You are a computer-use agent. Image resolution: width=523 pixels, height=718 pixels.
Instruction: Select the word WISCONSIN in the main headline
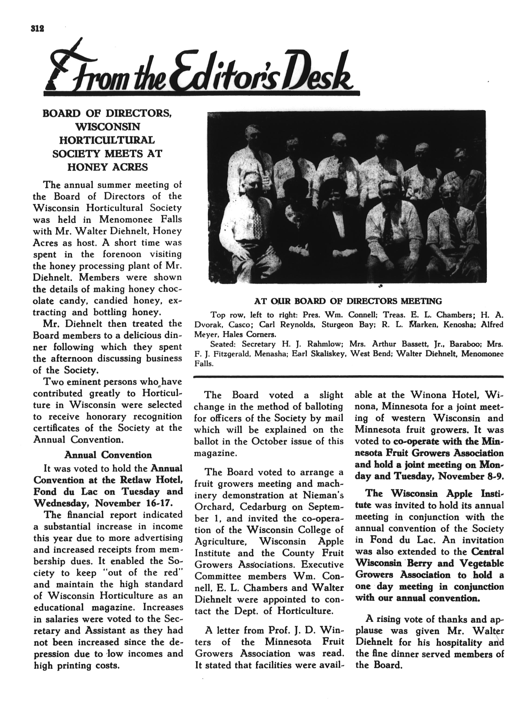[x=107, y=127]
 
